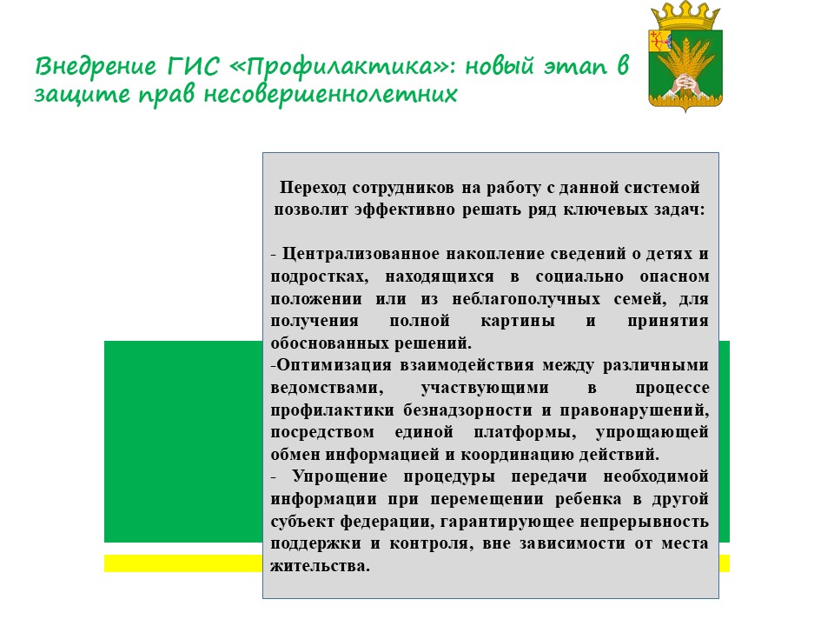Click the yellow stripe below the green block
coord(182,563)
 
